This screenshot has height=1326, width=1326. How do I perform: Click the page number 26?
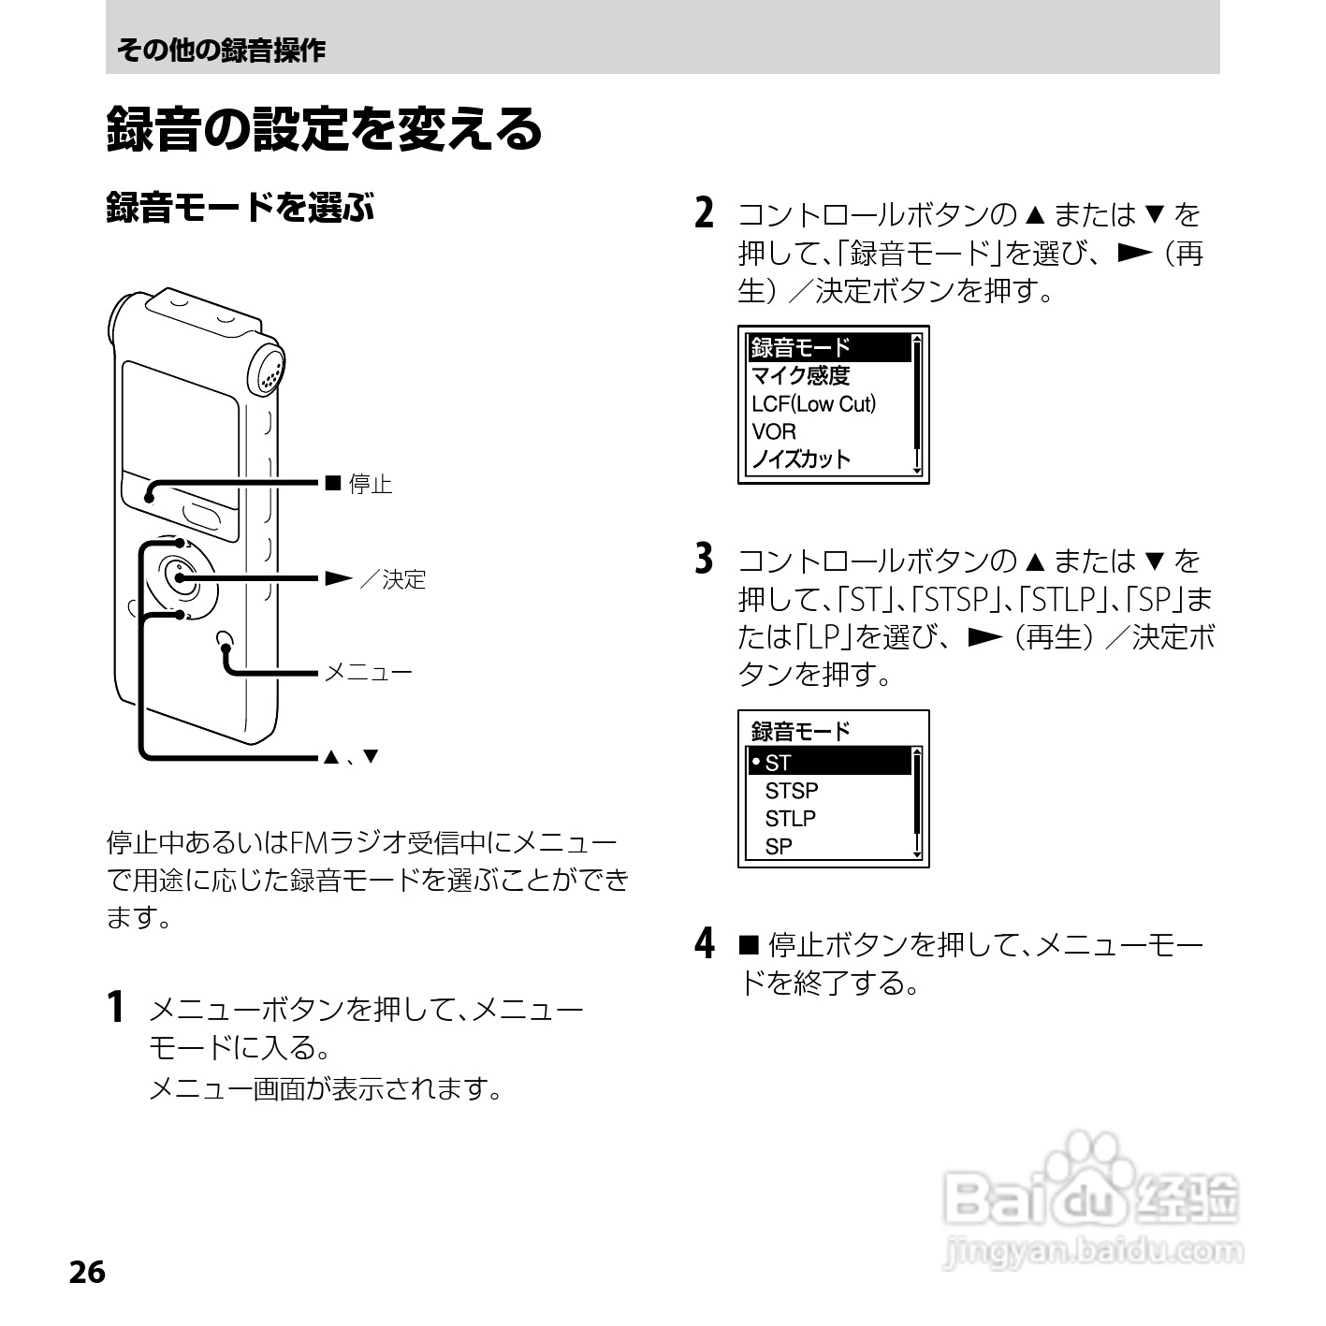tap(86, 1273)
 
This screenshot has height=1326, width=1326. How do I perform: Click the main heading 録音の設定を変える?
tap(324, 129)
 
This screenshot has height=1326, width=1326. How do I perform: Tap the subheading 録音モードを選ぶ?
tap(240, 207)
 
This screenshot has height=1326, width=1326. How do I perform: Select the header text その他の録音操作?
tap(221, 51)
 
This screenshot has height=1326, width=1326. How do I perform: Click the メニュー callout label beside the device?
tap(368, 673)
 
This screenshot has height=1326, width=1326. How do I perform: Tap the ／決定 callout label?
tap(392, 579)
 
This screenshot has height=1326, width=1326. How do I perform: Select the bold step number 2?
tap(706, 212)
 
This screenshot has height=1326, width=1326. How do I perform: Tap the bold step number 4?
tap(706, 943)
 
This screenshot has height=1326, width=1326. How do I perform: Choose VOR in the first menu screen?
tap(774, 432)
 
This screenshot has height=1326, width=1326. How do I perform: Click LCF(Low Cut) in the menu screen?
tap(813, 404)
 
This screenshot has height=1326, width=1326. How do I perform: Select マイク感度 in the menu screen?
tap(800, 376)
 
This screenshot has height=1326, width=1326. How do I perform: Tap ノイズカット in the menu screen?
tap(801, 459)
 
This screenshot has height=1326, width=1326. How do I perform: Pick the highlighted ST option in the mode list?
tap(778, 763)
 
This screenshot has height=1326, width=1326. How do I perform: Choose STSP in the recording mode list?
tap(791, 791)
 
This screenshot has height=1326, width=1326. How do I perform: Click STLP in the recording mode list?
tap(790, 819)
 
